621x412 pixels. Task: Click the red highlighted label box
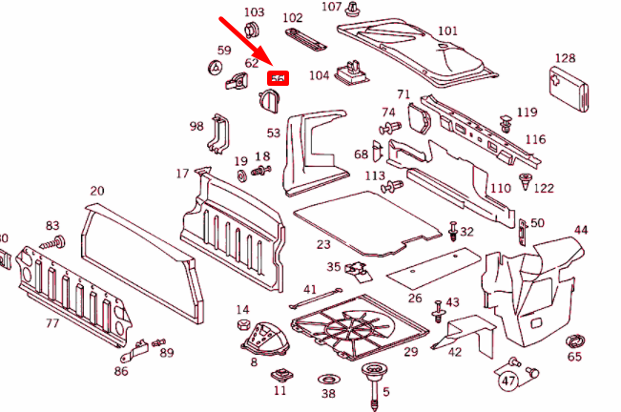tap(279, 78)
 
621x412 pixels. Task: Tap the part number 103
tap(254, 12)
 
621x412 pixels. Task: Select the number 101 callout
tap(446, 31)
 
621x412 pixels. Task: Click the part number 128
tap(591, 58)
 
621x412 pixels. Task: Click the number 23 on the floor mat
tap(323, 245)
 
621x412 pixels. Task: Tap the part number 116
tap(535, 139)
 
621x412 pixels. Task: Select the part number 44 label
tap(581, 230)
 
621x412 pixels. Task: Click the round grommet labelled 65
tap(575, 340)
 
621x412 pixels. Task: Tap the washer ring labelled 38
tap(328, 379)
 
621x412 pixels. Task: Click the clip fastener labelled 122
tap(525, 180)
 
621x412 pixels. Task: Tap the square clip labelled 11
tap(280, 374)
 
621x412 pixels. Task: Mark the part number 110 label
tap(500, 188)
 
